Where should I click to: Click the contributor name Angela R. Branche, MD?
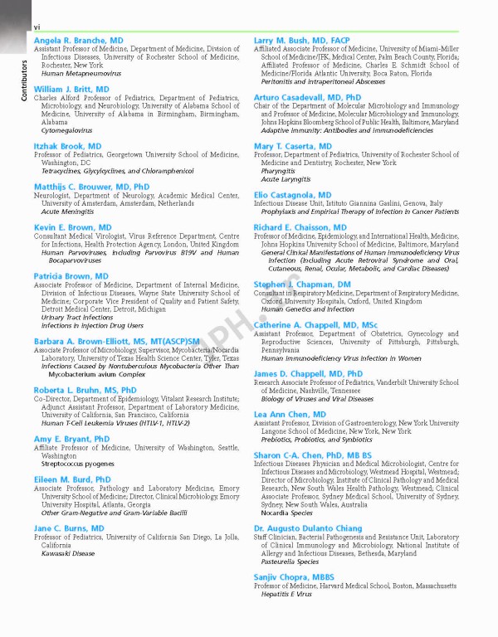pyautogui.click(x=79, y=40)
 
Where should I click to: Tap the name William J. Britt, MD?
pyautogui.click(x=71, y=89)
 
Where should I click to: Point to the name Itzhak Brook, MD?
pyautogui.click(x=68, y=146)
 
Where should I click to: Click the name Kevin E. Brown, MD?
pyautogui.click(x=73, y=227)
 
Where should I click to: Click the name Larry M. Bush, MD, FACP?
pyautogui.click(x=302, y=40)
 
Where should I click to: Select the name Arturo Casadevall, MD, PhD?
pyautogui.click(x=307, y=97)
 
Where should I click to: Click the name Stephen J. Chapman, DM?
pyautogui.click(x=302, y=284)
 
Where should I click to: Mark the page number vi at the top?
pyautogui.click(x=37, y=27)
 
